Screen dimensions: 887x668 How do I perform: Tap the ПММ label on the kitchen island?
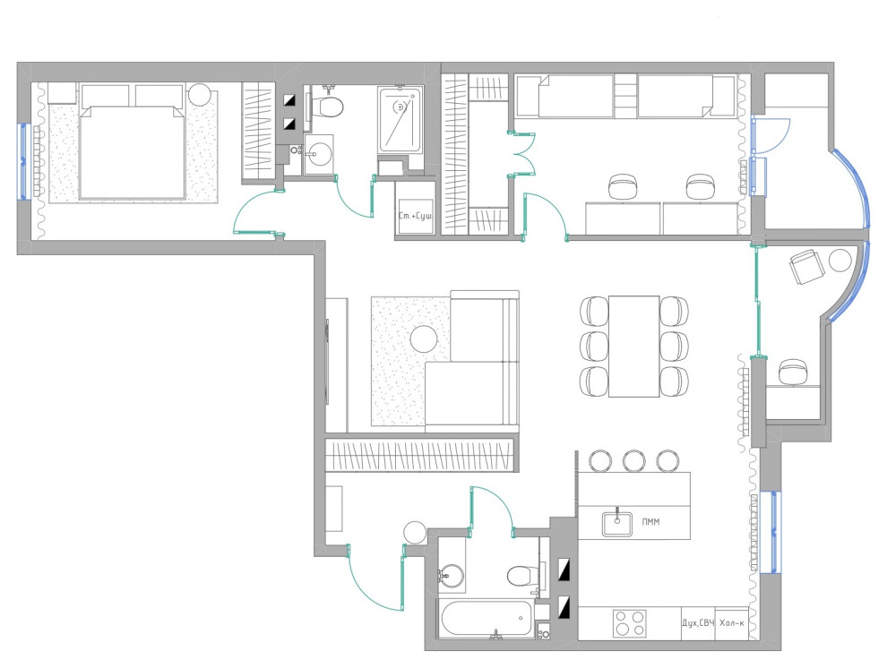(650, 522)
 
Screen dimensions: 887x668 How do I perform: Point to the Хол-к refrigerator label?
(732, 623)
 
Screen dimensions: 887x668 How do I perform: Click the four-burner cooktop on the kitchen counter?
(630, 624)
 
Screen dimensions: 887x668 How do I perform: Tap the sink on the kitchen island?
(617, 522)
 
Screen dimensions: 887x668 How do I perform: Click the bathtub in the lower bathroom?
(486, 619)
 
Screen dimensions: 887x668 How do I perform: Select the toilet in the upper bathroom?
(328, 106)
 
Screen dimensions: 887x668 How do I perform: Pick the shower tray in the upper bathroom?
(400, 119)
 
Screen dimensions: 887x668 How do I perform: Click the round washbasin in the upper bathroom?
(320, 152)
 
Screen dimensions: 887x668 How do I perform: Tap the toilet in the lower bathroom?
(521, 576)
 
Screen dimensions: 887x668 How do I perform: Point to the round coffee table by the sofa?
(424, 339)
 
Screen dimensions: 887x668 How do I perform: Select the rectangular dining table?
(634, 346)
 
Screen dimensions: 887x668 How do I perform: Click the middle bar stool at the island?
(634, 460)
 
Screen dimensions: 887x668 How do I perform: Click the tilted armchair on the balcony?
(805, 267)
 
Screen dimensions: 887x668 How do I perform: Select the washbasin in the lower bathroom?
(452, 576)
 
